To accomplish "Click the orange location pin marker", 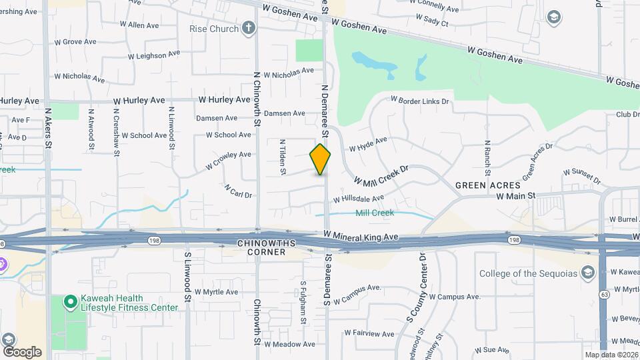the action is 320,159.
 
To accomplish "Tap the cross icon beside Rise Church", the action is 249,28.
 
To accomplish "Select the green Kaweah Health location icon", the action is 69,302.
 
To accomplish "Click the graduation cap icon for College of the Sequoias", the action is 587,273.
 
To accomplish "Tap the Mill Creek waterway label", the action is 374,213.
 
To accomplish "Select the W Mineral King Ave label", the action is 361,236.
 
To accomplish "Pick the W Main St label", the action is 516,196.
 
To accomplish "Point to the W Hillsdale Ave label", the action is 358,199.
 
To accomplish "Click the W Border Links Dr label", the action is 420,101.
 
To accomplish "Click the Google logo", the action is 22,351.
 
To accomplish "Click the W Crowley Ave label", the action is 228,159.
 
